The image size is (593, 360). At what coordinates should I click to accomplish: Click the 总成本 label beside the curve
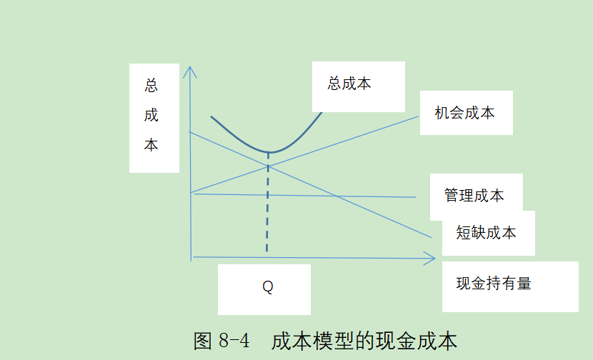click(x=349, y=84)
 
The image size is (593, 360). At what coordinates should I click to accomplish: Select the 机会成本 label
click(x=464, y=113)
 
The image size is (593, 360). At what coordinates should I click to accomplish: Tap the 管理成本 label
click(x=474, y=196)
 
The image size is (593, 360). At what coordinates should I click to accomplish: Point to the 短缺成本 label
click(x=486, y=233)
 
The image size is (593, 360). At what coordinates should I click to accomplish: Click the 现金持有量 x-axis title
click(x=494, y=284)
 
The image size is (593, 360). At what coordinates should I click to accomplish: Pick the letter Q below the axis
click(x=267, y=287)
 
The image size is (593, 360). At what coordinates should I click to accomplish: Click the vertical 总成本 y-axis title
click(x=151, y=116)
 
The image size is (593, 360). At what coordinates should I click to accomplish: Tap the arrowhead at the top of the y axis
click(x=189, y=69)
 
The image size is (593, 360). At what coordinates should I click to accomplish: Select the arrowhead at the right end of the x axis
click(x=432, y=258)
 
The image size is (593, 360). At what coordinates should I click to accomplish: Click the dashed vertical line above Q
click(x=267, y=207)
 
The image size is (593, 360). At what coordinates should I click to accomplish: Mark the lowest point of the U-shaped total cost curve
click(x=269, y=152)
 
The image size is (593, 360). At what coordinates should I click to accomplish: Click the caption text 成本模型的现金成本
click(x=364, y=341)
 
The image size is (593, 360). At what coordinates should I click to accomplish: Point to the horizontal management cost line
click(x=307, y=195)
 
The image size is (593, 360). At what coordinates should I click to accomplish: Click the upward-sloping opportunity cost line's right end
click(x=417, y=116)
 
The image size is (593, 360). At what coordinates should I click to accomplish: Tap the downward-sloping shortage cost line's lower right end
click(x=430, y=236)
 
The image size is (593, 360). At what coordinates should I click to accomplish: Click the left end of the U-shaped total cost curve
click(x=211, y=116)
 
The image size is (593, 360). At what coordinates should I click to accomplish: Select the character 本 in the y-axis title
click(x=151, y=145)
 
